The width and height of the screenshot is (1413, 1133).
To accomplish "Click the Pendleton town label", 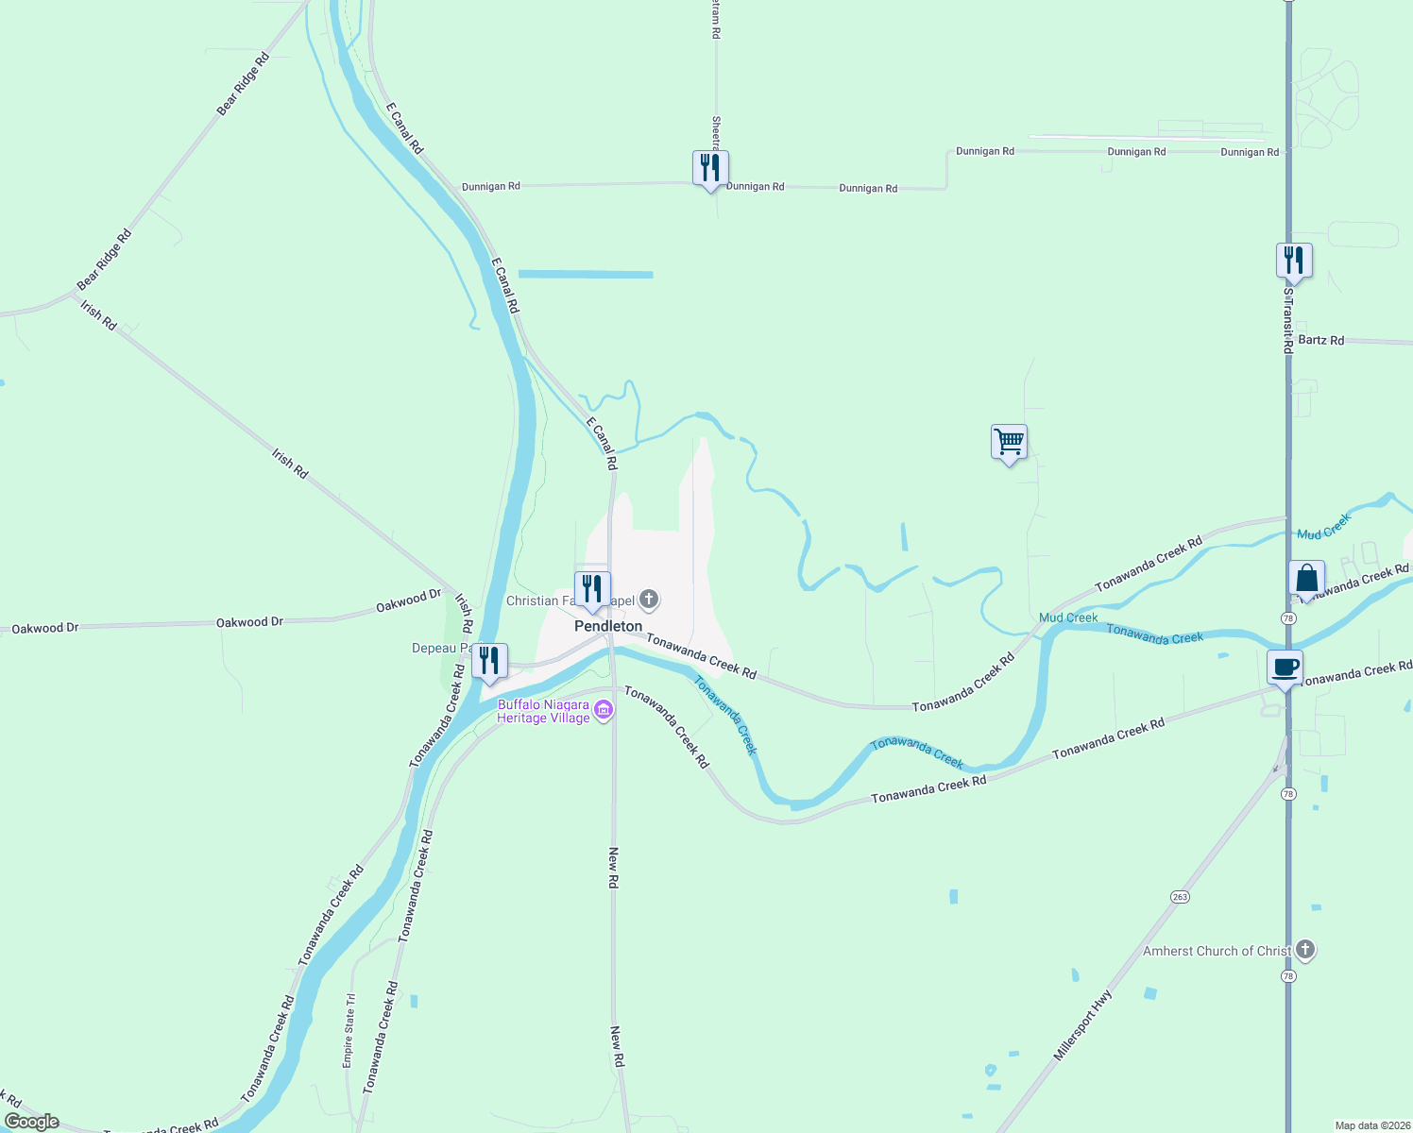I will pos(608,626).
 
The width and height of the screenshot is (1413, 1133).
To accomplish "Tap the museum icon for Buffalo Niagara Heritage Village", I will pos(604,711).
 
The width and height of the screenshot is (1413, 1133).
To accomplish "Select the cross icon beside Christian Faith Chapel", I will pos(649,599).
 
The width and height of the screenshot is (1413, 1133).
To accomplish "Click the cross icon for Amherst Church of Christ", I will pos(1305,950).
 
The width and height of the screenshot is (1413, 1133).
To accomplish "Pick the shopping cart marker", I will pos(1009,442).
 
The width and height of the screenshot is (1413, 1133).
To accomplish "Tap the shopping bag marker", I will pos(1306,579).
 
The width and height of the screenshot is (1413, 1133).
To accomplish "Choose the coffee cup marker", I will pos(1285,668).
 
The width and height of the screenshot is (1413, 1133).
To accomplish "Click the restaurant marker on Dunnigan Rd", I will pos(710,169).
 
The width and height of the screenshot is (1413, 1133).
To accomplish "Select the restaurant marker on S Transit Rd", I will pos(1294,261).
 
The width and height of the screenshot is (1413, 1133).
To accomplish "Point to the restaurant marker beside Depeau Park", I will pos(489,661).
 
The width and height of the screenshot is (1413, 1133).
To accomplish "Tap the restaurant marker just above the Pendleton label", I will pos(592,589).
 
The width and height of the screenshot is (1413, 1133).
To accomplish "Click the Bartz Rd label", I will pos(1320,340).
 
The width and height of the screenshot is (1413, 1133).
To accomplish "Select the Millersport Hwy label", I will pos(1083,1024).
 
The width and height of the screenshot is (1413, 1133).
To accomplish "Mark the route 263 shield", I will pos(1180,897).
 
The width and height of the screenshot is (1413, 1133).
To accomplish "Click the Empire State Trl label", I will pos(349,1030).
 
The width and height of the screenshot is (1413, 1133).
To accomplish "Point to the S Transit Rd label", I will pos(1287,321).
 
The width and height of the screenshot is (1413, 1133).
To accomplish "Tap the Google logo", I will pos(32,1122).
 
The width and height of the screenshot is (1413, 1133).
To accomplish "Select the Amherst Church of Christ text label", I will pos(1217,951).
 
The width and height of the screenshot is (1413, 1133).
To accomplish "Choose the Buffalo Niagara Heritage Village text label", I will pos(544,711).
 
